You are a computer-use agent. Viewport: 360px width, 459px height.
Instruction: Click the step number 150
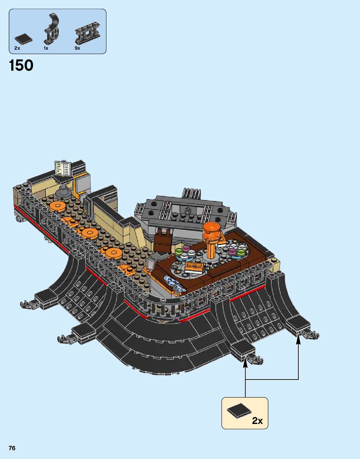tap(21, 66)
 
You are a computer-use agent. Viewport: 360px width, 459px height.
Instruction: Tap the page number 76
tap(12, 448)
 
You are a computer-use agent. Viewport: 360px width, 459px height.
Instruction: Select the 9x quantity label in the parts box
tap(77, 48)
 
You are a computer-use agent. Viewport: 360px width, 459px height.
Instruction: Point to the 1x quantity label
tap(46, 48)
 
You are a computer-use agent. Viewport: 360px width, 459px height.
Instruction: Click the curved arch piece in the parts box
tap(52, 29)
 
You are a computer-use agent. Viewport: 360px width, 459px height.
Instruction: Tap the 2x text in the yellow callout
tap(257, 421)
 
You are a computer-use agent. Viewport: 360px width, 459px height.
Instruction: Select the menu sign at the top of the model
tap(63, 168)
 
